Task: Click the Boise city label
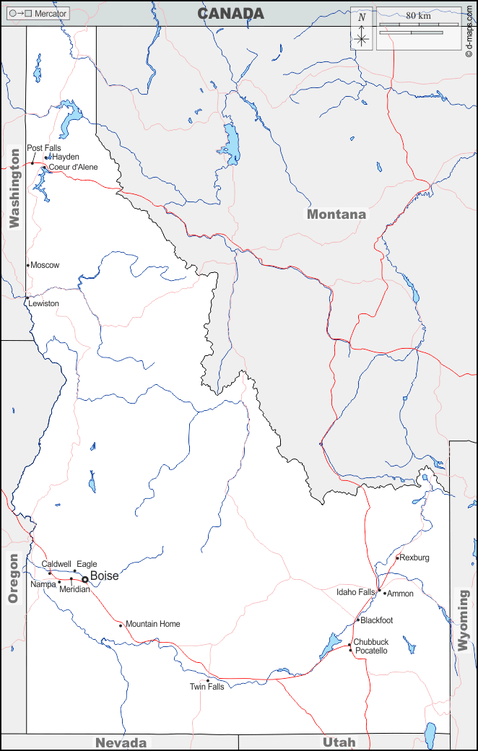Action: (x=104, y=576)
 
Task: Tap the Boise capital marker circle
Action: (x=84, y=579)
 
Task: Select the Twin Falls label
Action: (x=207, y=687)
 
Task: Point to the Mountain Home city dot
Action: (x=121, y=625)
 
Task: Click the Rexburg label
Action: (x=414, y=557)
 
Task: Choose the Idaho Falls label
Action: (x=355, y=592)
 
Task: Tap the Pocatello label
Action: (x=371, y=651)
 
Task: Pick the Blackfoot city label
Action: (x=376, y=620)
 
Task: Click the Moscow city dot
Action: (x=28, y=265)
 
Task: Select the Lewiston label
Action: (x=43, y=303)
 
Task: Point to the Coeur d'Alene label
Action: (x=73, y=167)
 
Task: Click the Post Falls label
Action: (x=43, y=148)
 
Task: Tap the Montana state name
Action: (x=336, y=214)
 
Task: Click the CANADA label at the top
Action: (x=230, y=13)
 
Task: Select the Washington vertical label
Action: (x=14, y=188)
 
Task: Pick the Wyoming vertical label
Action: (x=463, y=620)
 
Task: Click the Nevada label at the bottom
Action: (x=121, y=742)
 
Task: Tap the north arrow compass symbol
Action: (x=362, y=29)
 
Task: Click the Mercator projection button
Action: (x=38, y=14)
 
